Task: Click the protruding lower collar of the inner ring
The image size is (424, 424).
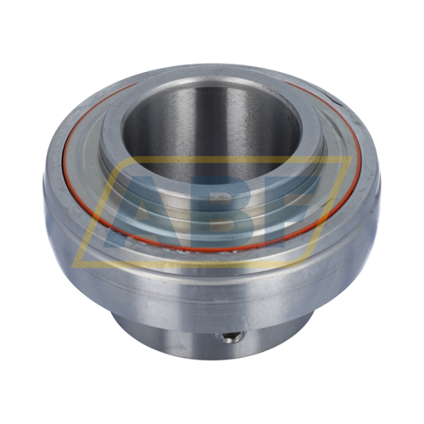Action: coord(170,335)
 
